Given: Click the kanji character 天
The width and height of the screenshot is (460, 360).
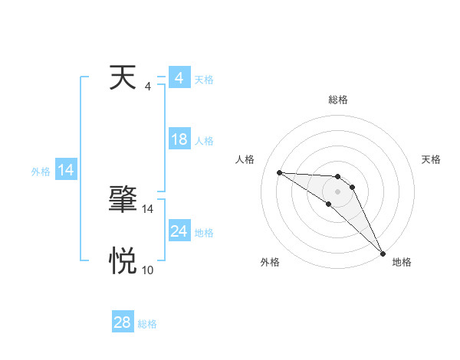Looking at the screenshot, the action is tap(123, 80).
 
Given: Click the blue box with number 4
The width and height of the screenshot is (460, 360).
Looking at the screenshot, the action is tap(179, 78).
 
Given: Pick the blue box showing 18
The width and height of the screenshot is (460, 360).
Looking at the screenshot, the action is tap(179, 139).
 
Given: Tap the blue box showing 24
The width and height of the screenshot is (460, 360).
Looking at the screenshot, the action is tap(179, 231).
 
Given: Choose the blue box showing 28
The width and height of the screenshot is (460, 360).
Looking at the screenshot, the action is tap(122, 322).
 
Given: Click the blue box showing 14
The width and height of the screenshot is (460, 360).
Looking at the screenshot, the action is tap(66, 170).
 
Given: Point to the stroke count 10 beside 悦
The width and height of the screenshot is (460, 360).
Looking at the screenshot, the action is tap(147, 270).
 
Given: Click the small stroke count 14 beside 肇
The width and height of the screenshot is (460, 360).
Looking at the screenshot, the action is tap(147, 208).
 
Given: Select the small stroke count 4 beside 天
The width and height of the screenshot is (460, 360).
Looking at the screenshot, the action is tap(147, 87).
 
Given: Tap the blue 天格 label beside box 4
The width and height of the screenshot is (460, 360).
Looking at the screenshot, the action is tap(204, 80).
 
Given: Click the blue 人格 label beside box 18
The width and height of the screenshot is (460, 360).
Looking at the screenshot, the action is tap(204, 141).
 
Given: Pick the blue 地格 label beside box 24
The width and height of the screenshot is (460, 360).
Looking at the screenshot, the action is tap(204, 233).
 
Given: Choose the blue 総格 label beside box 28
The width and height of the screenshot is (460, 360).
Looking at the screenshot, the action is tap(147, 324).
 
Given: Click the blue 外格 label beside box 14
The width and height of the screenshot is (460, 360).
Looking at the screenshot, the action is tap(41, 172).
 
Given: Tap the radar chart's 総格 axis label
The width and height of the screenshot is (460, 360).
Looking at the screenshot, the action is tap(337, 100).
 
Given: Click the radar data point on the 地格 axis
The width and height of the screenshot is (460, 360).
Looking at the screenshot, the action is tap(383, 253).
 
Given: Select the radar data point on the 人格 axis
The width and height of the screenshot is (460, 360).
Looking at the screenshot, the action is tap(279, 172).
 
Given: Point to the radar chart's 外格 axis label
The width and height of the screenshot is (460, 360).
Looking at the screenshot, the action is tap(270, 262).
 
